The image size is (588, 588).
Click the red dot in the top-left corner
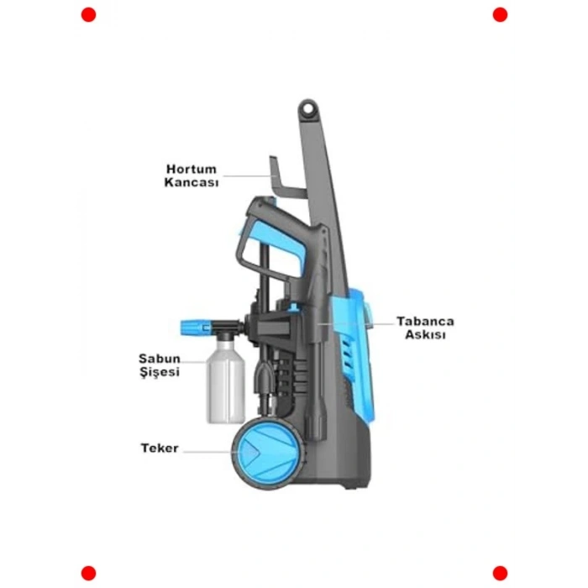(88, 14)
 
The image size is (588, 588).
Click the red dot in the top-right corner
(500, 14)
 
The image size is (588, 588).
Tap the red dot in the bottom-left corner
(88, 573)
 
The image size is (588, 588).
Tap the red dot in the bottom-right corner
(500, 573)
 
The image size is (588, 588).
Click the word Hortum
(192, 169)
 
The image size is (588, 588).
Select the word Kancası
(192, 182)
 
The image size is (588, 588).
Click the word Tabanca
(425, 322)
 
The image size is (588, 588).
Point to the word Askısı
(425, 334)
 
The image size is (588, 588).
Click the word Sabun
(160, 359)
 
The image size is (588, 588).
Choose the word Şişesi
(160, 372)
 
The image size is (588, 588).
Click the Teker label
(160, 449)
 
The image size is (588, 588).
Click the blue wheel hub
(252, 453)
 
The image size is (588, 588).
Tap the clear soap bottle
(225, 386)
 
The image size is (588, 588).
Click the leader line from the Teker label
(210, 450)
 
